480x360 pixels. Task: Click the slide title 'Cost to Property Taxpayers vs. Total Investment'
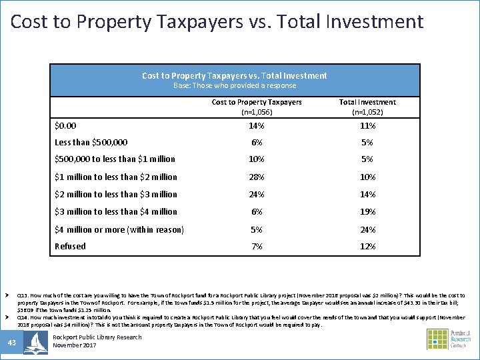pyautogui.click(x=217, y=21)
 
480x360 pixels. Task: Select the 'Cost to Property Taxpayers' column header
pyautogui.click(x=257, y=102)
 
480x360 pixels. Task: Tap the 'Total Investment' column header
pyautogui.click(x=367, y=102)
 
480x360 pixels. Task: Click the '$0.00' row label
pyautogui.click(x=65, y=125)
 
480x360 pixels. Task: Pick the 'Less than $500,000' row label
pyautogui.click(x=91, y=142)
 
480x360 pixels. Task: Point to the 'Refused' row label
pyautogui.click(x=70, y=246)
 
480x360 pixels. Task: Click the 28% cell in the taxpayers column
pyautogui.click(x=256, y=177)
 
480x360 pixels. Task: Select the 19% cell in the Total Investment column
pyautogui.click(x=367, y=211)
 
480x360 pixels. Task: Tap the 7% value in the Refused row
pyautogui.click(x=256, y=246)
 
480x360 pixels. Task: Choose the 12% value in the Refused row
pyautogui.click(x=367, y=246)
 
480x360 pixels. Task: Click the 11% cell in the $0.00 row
pyautogui.click(x=367, y=125)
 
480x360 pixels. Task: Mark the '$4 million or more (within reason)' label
pyautogui.click(x=119, y=229)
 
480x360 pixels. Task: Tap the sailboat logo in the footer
pyautogui.click(x=35, y=342)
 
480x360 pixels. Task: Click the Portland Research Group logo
pyautogui.click(x=448, y=339)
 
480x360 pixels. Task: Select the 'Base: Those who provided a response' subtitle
pyautogui.click(x=235, y=85)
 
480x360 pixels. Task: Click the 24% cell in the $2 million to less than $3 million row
pyautogui.click(x=256, y=194)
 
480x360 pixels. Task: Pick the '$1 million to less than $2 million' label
pyautogui.click(x=116, y=177)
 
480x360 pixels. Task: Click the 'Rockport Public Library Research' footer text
pyautogui.click(x=97, y=337)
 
